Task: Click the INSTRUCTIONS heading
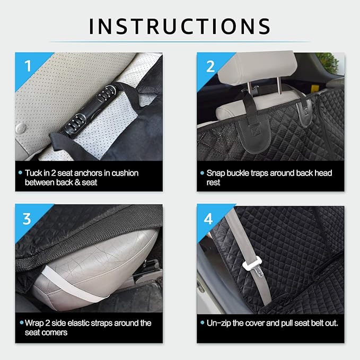(180, 25)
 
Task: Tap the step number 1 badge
(27, 65)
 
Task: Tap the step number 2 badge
(209, 65)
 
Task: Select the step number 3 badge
(27, 217)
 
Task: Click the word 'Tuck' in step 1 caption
(34, 173)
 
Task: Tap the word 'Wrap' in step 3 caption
(36, 323)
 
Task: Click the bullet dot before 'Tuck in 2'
(20, 173)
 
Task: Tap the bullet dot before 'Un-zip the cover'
(203, 323)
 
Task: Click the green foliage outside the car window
(330, 62)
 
